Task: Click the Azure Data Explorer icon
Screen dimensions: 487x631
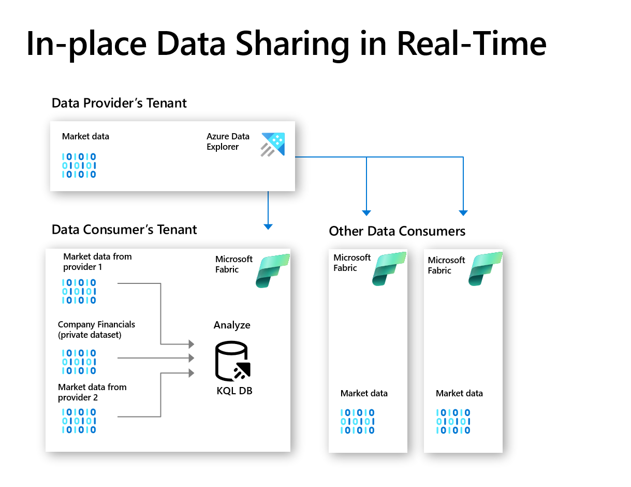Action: click(x=273, y=144)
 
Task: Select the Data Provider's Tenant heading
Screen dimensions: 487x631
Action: click(x=119, y=103)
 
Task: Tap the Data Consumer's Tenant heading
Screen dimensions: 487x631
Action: click(x=124, y=230)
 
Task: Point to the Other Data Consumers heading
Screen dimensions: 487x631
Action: click(x=397, y=231)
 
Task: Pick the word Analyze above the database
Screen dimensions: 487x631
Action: click(x=232, y=325)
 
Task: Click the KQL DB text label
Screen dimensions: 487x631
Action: click(x=234, y=391)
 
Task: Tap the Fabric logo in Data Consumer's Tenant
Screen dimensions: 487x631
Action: click(x=272, y=270)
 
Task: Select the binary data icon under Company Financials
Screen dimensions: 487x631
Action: click(x=79, y=362)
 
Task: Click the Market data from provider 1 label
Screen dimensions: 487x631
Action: click(x=97, y=262)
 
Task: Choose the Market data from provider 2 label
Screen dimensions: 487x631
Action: click(x=92, y=392)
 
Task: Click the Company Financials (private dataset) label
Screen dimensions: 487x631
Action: click(x=96, y=330)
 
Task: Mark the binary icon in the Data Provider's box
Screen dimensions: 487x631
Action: click(x=79, y=166)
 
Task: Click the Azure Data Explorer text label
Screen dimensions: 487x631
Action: click(x=228, y=141)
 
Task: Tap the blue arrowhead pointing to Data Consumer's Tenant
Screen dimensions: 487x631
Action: click(x=268, y=226)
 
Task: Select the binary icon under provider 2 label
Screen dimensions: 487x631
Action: click(x=79, y=421)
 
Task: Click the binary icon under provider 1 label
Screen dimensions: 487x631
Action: click(x=79, y=291)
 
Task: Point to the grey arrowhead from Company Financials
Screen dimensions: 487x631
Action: click(x=191, y=358)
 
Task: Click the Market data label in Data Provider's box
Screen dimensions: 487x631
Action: click(x=85, y=137)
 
